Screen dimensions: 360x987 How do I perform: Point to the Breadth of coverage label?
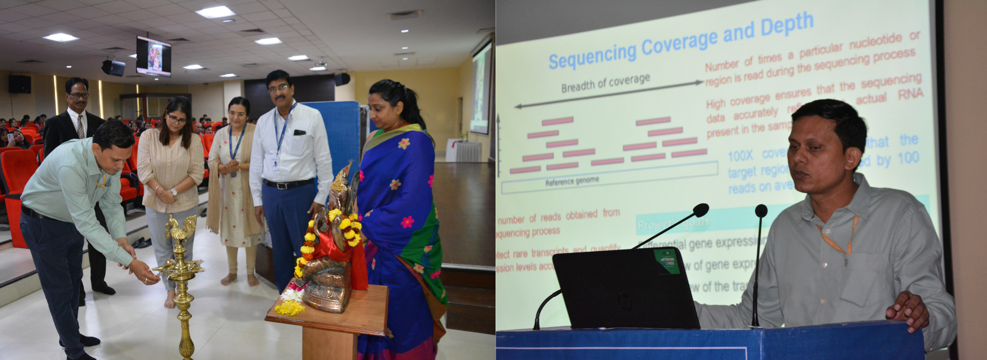605,83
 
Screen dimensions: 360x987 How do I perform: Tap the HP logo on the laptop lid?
625,301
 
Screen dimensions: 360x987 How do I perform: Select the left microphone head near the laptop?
701,210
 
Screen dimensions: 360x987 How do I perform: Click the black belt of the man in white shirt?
287,184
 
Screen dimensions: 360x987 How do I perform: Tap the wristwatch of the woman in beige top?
175,192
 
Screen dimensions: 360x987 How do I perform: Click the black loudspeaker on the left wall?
20,84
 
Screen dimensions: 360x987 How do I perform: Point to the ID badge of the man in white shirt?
276,164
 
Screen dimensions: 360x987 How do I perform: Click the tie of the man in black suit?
80,126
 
